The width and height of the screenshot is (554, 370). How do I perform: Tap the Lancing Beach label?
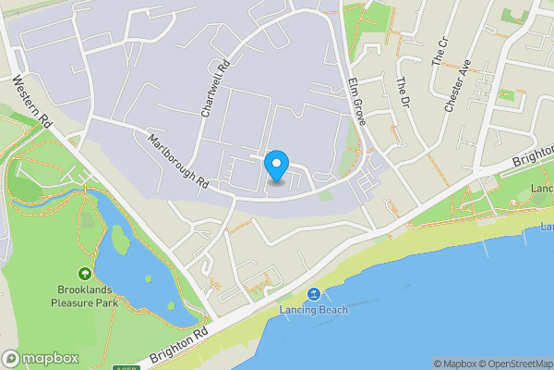point(314,310)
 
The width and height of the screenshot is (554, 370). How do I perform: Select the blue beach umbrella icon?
point(314,294)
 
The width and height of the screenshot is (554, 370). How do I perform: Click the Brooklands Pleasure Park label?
point(85,296)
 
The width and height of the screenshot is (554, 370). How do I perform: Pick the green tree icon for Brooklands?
point(85,274)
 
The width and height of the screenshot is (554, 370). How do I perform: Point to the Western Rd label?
point(31,103)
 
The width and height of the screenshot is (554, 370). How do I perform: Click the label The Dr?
point(402,92)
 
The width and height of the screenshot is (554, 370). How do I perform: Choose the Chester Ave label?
point(458,86)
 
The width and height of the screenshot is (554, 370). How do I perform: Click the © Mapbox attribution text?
point(453,364)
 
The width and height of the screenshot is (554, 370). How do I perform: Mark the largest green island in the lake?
point(121,240)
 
